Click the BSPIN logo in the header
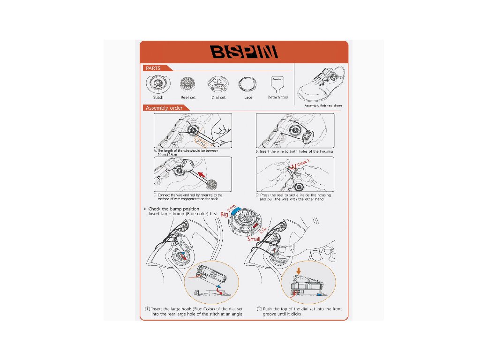(244, 52)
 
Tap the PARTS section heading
(153, 68)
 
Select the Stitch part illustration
(158, 85)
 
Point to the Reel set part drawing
(187, 85)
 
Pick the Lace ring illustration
(247, 85)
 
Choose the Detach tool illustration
(277, 84)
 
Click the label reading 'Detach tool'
(277, 97)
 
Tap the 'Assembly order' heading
(164, 108)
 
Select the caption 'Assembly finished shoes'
(323, 106)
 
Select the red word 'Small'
(254, 239)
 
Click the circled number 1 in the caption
(147, 309)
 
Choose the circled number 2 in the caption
(259, 309)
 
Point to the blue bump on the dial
(236, 209)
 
